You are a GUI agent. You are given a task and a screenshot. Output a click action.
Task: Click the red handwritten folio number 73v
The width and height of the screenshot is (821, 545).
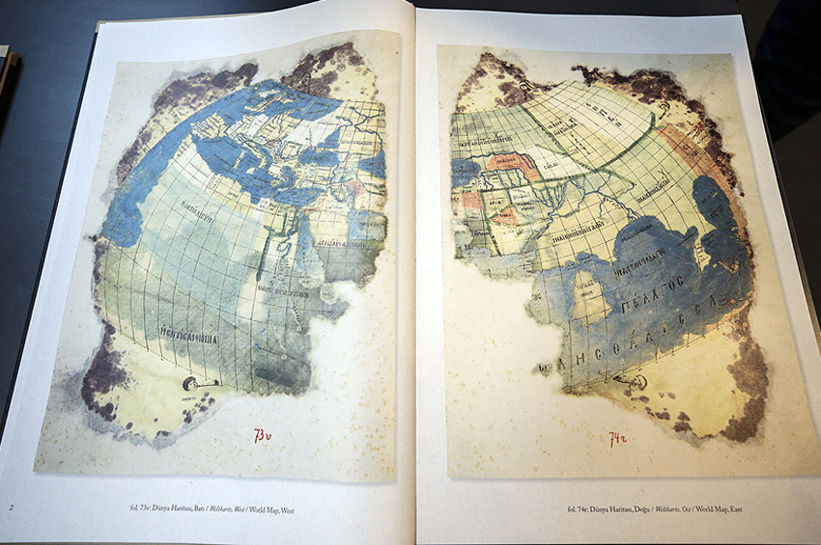click(x=263, y=436)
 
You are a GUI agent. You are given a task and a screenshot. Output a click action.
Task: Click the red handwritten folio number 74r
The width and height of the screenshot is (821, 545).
click(x=619, y=439)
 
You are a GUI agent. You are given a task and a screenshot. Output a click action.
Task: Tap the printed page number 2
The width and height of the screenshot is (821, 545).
click(x=12, y=507)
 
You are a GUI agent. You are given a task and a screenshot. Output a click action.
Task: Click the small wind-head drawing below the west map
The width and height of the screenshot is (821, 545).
click(x=193, y=384)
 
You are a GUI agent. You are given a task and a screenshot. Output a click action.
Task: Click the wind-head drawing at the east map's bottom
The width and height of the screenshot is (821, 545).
click(x=634, y=381)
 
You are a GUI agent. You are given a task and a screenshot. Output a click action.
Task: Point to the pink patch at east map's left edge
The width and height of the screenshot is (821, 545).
click(x=471, y=204)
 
